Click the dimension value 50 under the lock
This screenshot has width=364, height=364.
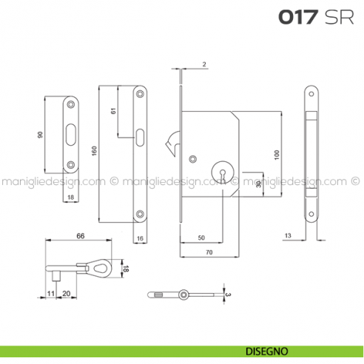coord(200,237)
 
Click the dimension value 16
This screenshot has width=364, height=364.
coord(139,237)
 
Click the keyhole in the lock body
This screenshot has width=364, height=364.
coord(220,170)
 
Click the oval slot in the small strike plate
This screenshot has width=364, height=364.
coord(70,133)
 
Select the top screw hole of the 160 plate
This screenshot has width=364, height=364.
coord(141,93)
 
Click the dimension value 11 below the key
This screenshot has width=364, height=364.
coord(51,293)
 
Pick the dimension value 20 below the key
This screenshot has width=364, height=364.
coord(67,293)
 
